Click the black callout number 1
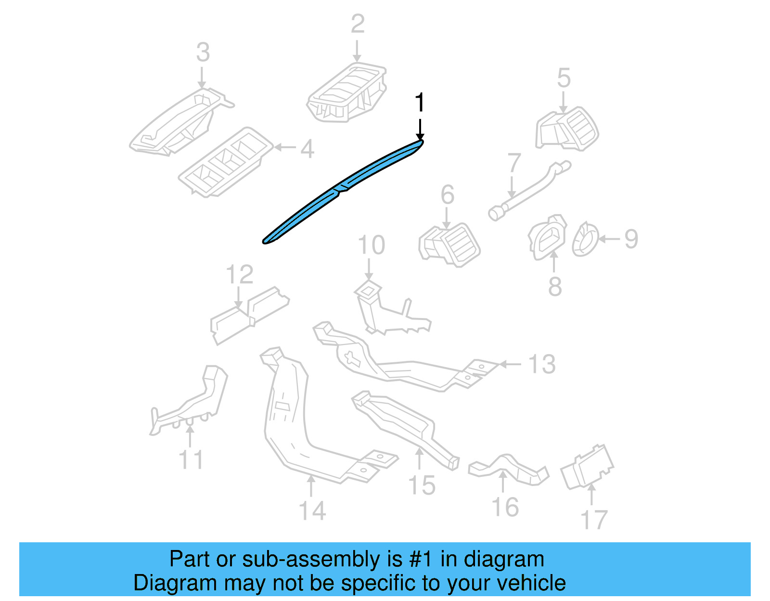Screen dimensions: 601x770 (x=420, y=103)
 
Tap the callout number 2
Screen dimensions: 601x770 (x=357, y=24)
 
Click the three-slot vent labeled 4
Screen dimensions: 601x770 (x=225, y=162)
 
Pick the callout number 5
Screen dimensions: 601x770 (x=563, y=78)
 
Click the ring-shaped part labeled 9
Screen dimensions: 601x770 (x=584, y=239)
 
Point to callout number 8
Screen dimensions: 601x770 (x=555, y=286)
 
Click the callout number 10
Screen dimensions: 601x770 (x=371, y=245)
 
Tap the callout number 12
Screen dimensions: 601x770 (x=239, y=275)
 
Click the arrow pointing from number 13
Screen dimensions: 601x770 (x=510, y=364)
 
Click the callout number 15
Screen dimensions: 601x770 (x=422, y=485)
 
